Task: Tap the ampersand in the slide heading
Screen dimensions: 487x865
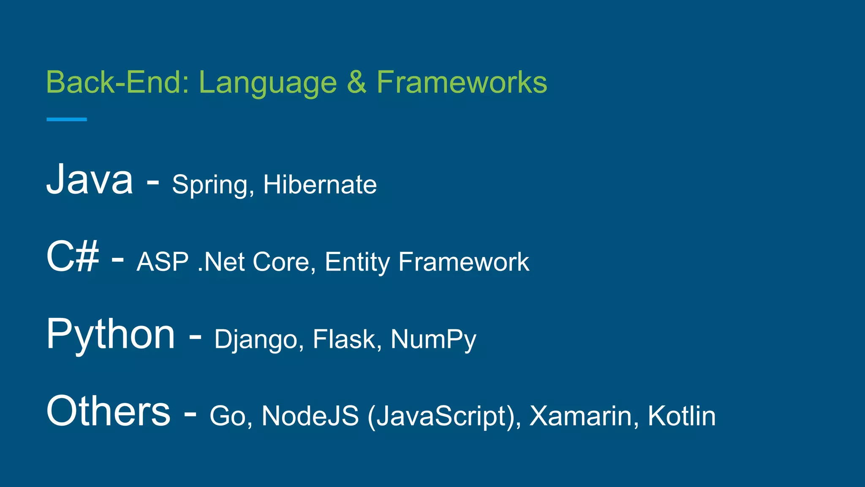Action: tap(356, 82)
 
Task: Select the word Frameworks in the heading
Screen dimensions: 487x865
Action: tap(462, 82)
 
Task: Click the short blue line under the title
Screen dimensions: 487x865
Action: tap(67, 120)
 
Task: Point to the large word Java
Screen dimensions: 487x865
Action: tap(90, 179)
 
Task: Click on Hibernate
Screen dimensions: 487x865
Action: tap(320, 184)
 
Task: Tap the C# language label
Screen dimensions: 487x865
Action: tap(73, 256)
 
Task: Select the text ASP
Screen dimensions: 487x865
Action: tap(163, 262)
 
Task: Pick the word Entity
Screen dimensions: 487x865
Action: tap(357, 263)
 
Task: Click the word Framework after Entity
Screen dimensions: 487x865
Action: tap(463, 262)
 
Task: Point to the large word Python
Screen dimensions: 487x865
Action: tap(110, 335)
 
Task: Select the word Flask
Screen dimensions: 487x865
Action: tap(344, 339)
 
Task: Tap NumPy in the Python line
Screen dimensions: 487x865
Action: tap(433, 340)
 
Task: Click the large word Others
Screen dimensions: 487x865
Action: tap(109, 410)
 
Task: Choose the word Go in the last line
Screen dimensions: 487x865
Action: tap(227, 416)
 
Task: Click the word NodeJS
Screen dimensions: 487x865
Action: tap(310, 416)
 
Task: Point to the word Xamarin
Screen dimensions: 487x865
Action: tap(581, 416)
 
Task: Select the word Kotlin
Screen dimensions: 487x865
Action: tap(681, 416)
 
